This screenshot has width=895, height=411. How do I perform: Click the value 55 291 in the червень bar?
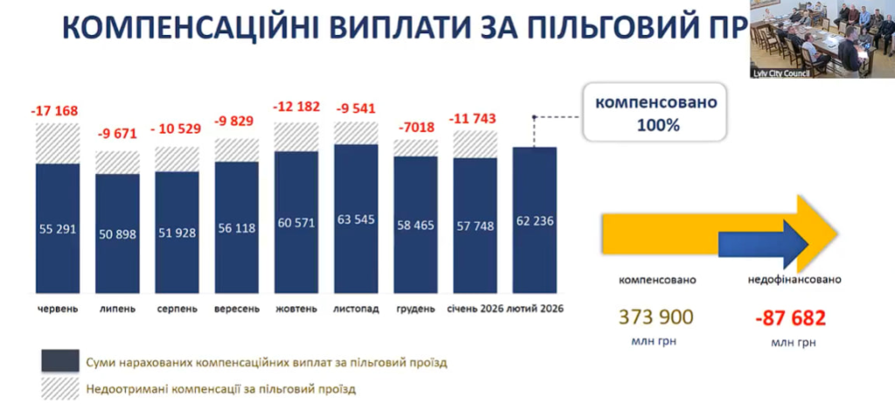[x=58, y=230]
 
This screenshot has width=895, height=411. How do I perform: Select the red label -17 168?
[x=55, y=111]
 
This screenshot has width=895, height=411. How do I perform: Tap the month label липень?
[x=117, y=310]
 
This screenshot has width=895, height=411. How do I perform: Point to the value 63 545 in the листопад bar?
[x=356, y=219]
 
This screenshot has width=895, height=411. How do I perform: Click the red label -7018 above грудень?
[x=415, y=127]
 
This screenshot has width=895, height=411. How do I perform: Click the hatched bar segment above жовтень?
[x=296, y=136]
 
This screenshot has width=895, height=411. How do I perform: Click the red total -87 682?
[x=794, y=317]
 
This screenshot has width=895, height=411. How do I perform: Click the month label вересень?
[x=236, y=310]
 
